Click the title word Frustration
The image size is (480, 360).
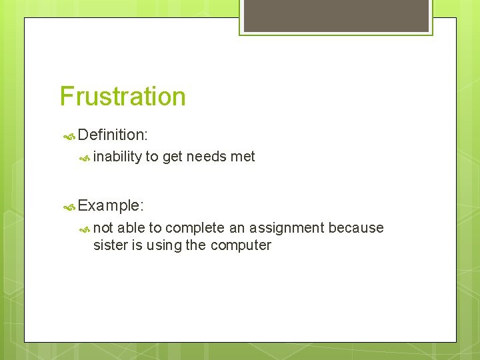(x=123, y=97)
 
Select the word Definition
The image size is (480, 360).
(x=111, y=135)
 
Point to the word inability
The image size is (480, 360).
(x=117, y=157)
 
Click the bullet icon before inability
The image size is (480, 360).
(x=85, y=158)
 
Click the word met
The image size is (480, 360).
(x=242, y=157)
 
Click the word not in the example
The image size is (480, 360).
(x=103, y=228)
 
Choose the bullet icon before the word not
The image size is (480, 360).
(x=85, y=229)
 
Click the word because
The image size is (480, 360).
(x=356, y=228)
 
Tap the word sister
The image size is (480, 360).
(x=110, y=245)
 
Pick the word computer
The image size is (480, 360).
(x=241, y=246)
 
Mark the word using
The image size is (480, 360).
(x=163, y=246)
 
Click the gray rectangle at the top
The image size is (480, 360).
(x=336, y=15)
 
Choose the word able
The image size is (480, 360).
(x=130, y=228)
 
